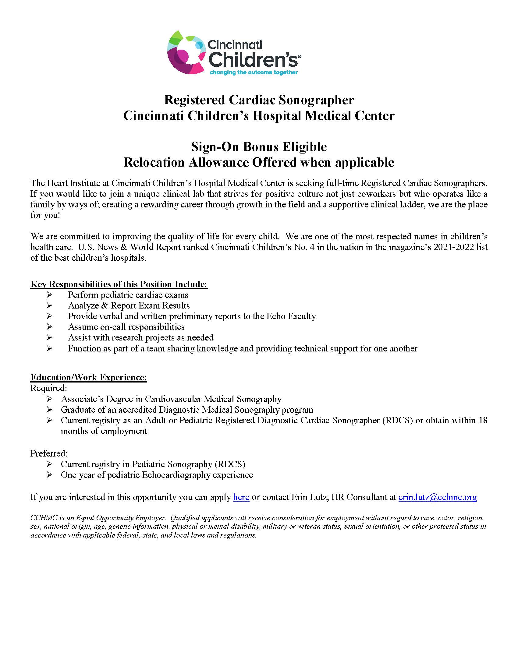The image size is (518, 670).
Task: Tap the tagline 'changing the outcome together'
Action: [254, 72]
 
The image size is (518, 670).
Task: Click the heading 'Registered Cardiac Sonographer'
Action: [259, 100]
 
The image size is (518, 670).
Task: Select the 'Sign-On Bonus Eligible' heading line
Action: [259, 147]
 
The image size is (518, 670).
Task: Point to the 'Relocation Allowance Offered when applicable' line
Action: [259, 162]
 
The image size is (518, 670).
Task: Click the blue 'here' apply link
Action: [241, 497]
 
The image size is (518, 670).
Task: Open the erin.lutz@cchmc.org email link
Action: [438, 497]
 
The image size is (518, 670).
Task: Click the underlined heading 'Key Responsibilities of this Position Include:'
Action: [119, 284]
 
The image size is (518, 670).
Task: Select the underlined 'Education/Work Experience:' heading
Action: [89, 377]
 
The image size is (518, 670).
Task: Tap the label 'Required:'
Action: [48, 388]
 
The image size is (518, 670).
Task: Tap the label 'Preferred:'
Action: [49, 453]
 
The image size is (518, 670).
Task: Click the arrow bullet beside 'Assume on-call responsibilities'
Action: [49, 327]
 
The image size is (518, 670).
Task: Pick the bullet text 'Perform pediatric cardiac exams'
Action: [128, 295]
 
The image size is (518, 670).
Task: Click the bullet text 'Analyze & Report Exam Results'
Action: [129, 305]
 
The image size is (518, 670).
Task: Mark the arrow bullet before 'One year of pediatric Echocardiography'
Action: [49, 475]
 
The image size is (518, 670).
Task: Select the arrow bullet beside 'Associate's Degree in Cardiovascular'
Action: [49, 399]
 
